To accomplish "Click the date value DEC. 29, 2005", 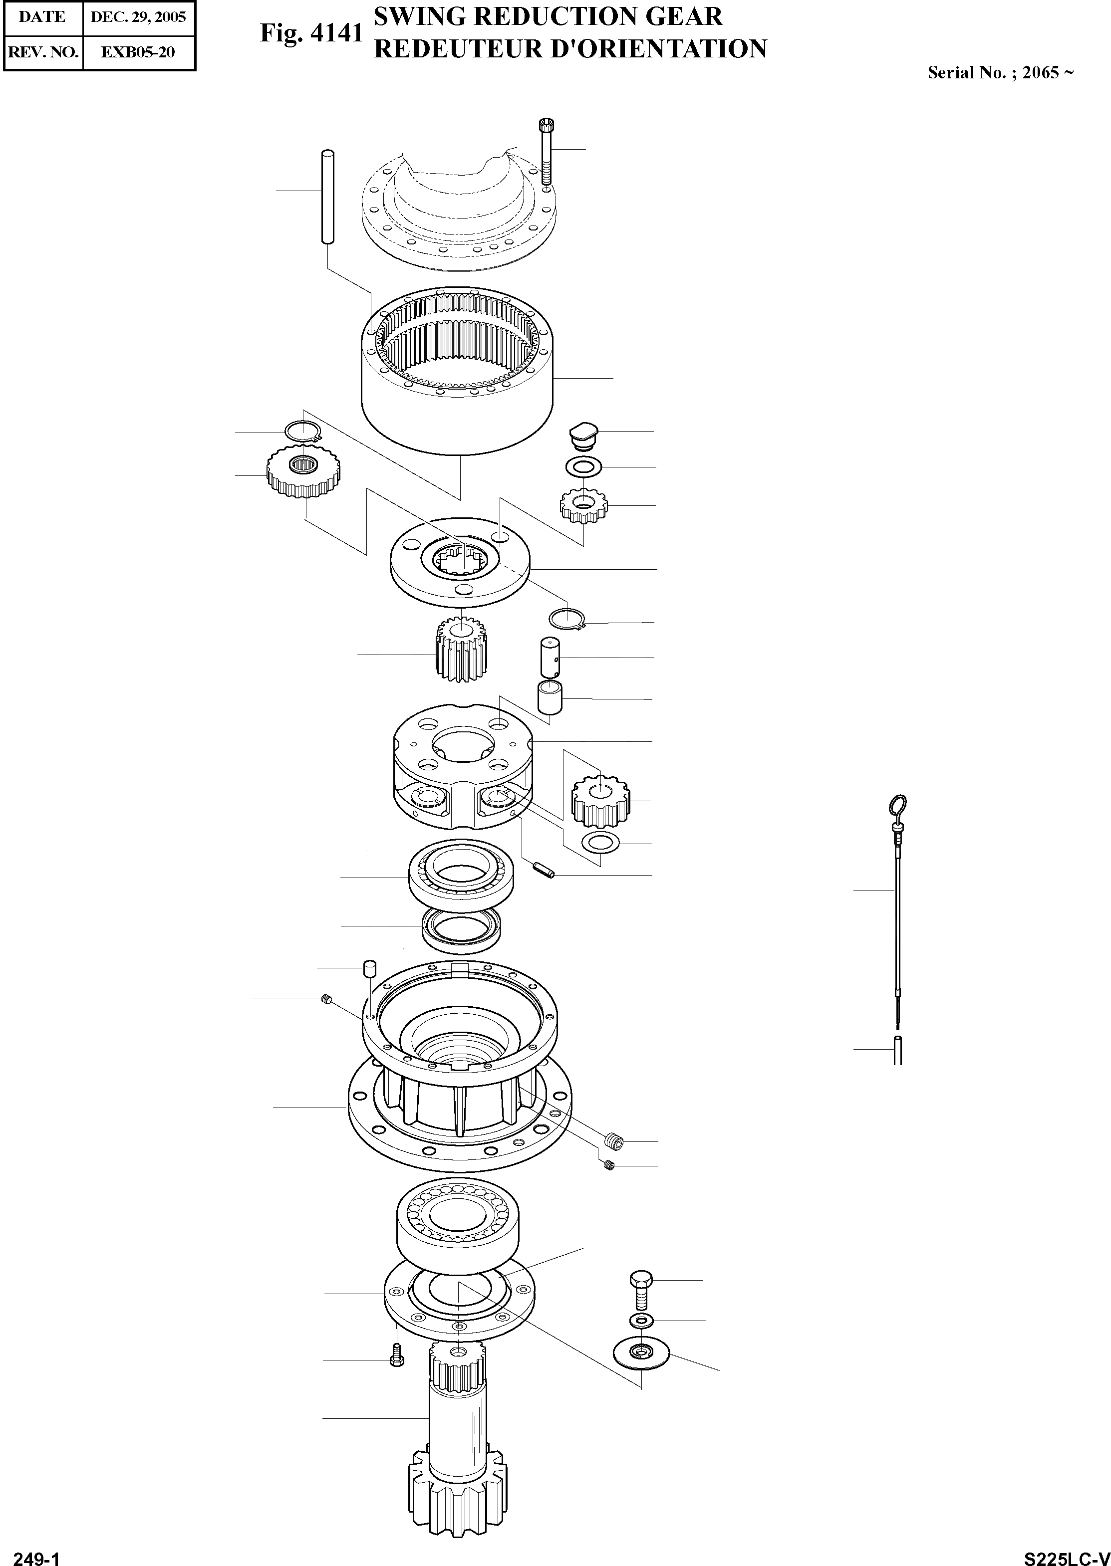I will click(x=138, y=17).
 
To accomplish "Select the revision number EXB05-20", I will click(x=138, y=52).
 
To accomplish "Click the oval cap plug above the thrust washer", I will click(x=583, y=434).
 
